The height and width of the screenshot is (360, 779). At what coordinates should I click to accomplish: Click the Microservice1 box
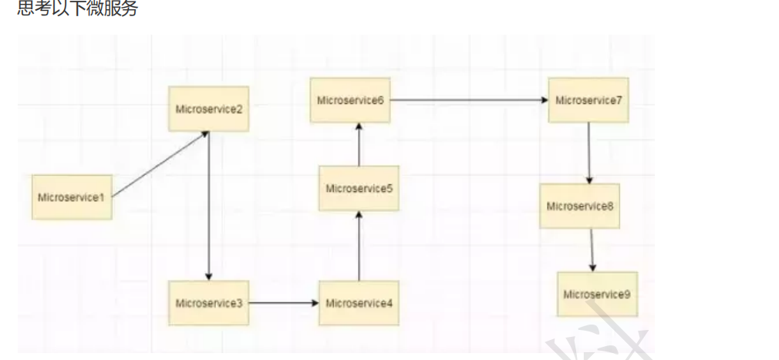point(72,197)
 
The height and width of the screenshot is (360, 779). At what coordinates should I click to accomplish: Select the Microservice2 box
point(209,109)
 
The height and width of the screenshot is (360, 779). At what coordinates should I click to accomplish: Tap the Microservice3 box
point(209,303)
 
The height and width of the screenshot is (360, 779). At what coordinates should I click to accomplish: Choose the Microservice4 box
point(359,303)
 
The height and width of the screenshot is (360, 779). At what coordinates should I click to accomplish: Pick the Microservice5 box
point(359,188)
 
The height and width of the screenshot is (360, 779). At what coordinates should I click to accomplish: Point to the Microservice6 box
point(350,100)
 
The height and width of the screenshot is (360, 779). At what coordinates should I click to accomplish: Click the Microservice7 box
point(588,100)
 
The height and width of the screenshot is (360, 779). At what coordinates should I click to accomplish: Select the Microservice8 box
point(580,206)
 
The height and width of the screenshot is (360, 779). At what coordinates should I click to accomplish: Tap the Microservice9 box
point(597,294)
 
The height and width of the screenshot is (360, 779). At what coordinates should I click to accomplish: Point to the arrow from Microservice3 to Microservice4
point(284,303)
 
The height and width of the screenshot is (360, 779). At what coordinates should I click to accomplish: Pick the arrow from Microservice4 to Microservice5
point(359,247)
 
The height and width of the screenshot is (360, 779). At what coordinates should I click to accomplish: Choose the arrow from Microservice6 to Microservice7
point(469,100)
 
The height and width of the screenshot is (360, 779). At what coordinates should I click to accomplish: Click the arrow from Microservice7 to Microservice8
point(589,153)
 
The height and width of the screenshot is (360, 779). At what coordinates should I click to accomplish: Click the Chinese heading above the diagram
point(77,9)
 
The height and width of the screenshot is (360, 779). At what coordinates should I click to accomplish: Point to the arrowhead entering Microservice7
point(544,100)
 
